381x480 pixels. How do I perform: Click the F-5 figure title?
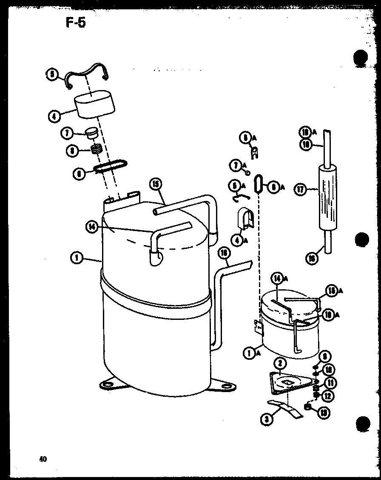point(75,23)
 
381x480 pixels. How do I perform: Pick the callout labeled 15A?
point(332,291)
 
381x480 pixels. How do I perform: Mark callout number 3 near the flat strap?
point(266,420)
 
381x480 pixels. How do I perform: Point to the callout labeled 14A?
point(277,279)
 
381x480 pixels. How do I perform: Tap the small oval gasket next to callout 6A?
point(257,185)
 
